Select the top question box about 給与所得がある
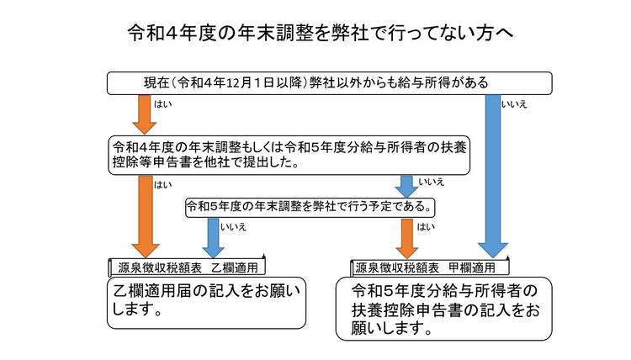tap(329, 82)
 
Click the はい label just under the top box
tap(163, 104)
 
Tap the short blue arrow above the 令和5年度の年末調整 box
tap(407, 185)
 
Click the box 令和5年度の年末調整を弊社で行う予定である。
tap(311, 205)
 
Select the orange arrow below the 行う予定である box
tap(407, 236)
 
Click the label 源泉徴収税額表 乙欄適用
tap(187, 267)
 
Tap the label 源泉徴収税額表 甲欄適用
tap(430, 267)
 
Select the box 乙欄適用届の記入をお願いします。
tap(207, 302)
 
